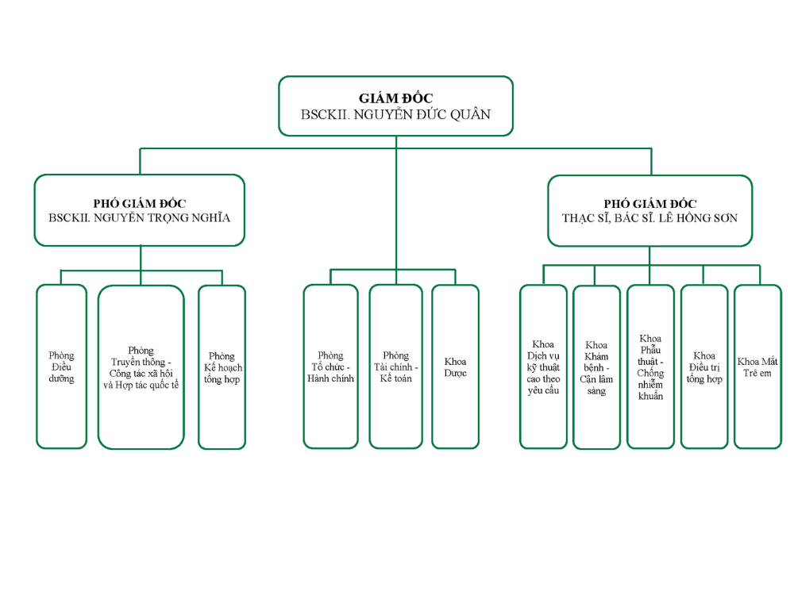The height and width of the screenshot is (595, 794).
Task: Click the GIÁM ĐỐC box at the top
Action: point(395,106)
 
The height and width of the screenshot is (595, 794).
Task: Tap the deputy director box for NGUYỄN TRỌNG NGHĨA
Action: point(139,210)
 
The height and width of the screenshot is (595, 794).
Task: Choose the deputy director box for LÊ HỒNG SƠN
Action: point(649,210)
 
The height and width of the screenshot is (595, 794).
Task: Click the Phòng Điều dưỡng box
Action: point(61,367)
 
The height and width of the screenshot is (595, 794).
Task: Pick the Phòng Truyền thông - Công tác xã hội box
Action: point(141,367)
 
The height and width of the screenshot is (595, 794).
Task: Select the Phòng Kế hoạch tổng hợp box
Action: point(222,367)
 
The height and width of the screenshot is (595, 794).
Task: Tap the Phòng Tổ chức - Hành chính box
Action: point(330,367)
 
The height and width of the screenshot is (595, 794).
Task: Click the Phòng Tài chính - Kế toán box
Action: point(395,367)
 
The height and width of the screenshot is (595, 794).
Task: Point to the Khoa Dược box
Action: point(455,367)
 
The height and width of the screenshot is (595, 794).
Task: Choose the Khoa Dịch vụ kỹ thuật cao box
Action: point(543,367)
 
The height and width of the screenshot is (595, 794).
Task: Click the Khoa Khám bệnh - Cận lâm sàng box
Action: point(596,367)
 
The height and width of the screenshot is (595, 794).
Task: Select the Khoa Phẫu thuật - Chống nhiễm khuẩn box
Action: point(650,367)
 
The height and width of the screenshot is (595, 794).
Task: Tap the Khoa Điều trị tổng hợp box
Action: point(703,367)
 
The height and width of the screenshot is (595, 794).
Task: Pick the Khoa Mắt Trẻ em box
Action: point(757,367)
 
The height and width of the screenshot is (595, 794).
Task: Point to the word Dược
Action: point(455,373)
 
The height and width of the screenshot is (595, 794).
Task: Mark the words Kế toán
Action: point(395,378)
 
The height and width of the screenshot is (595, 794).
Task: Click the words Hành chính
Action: point(330,378)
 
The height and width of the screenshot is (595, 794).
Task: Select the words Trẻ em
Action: point(757,373)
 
